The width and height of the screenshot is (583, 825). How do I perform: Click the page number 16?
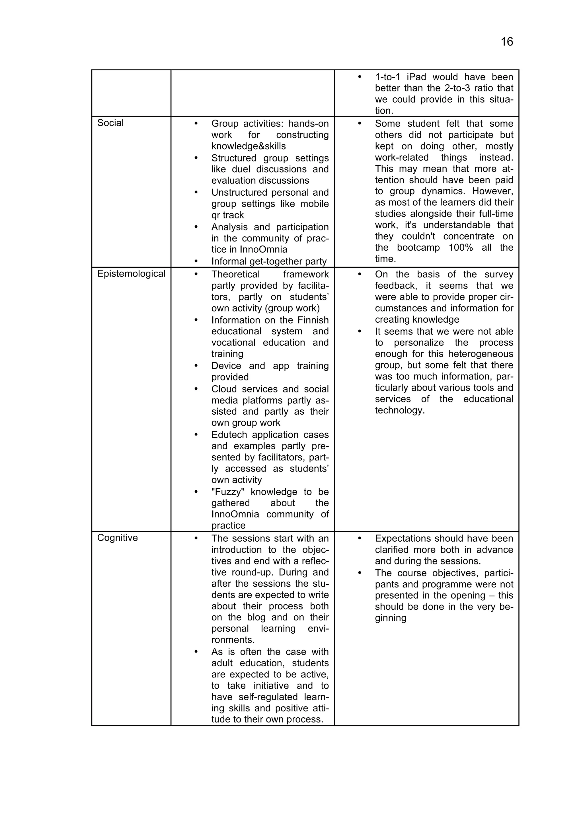[x=506, y=42]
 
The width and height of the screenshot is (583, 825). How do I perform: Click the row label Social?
[x=110, y=123]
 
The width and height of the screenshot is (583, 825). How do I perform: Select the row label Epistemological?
[x=131, y=274]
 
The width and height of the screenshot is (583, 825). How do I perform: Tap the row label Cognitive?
[x=118, y=538]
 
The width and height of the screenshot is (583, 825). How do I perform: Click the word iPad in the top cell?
[x=416, y=77]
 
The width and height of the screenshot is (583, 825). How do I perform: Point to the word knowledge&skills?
[x=249, y=146]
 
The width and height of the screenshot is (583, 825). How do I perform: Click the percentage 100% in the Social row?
[x=461, y=247]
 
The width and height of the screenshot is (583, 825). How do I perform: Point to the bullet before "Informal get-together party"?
[x=196, y=261]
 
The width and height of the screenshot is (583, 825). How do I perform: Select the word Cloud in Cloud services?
[x=224, y=389]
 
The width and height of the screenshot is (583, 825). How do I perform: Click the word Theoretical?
[x=235, y=275]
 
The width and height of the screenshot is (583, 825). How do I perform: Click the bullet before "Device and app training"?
[x=196, y=366]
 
